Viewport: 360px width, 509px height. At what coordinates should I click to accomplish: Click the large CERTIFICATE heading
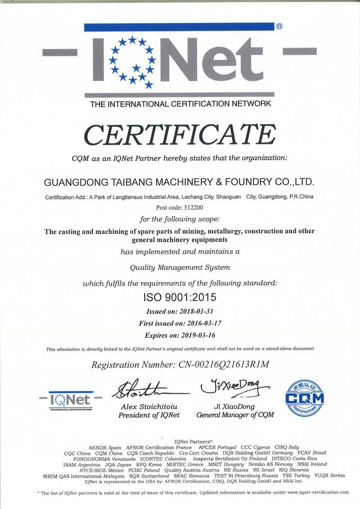pos(180,135)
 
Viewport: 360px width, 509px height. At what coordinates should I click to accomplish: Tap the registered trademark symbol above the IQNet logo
pos(279,27)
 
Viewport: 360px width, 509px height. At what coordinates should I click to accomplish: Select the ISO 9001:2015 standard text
pos(180,297)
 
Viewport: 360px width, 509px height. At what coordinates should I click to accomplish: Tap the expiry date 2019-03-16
pos(196,335)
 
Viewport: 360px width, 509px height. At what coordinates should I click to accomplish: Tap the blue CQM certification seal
pos(305,398)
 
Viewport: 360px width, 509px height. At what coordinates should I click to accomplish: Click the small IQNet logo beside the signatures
pos(71,400)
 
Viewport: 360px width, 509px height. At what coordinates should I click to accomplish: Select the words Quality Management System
pos(180,267)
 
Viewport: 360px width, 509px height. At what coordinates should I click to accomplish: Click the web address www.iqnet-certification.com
pos(318,492)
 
